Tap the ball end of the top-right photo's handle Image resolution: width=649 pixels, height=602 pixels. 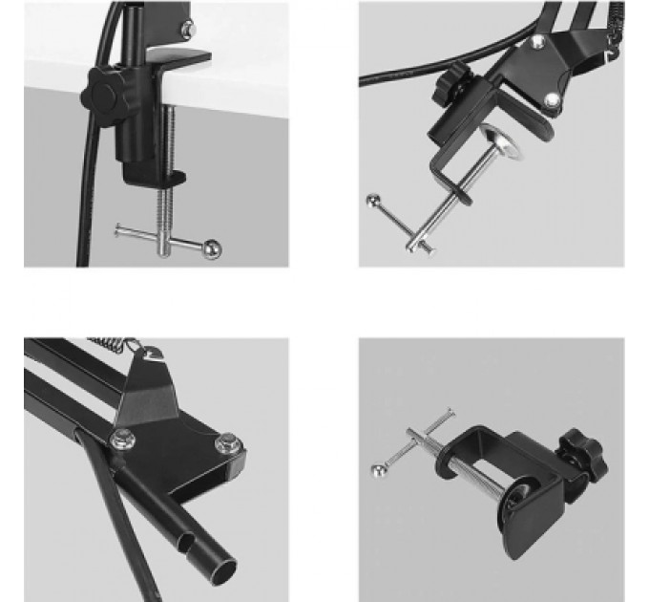(x=373, y=202)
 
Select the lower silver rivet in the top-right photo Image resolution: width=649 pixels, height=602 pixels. (x=554, y=99)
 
